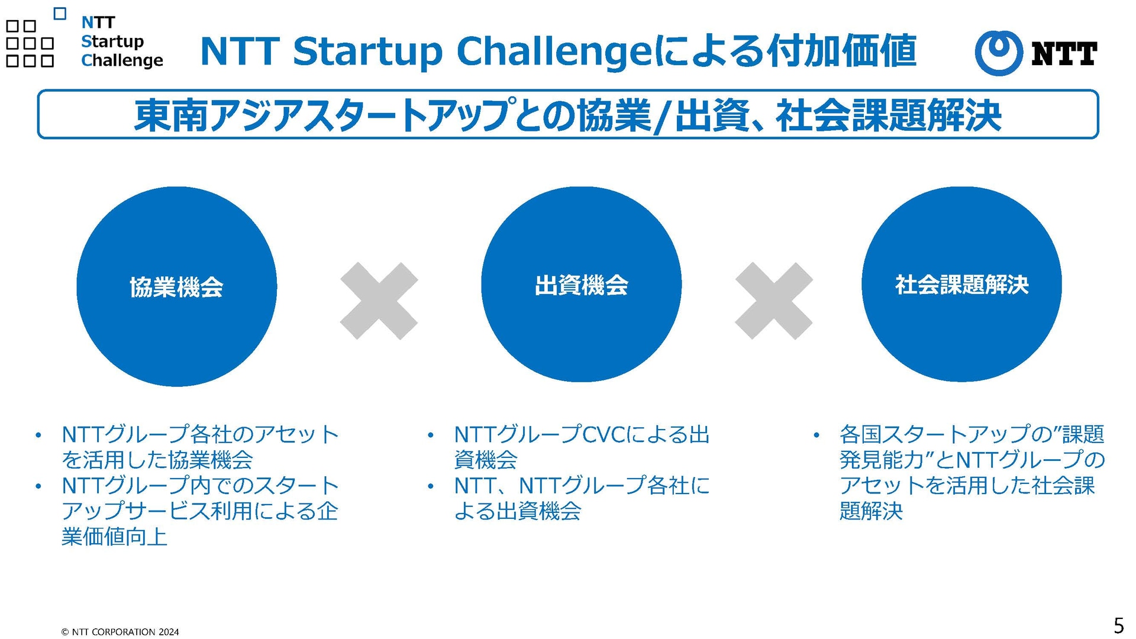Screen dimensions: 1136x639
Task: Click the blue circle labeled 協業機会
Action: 176,286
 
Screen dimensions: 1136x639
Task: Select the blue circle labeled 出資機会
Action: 581,285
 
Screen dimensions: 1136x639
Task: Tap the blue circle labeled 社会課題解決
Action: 961,285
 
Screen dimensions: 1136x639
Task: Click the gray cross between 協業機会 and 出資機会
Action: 379,301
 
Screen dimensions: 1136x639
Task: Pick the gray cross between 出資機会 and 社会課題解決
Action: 773,301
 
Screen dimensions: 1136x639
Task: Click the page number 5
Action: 1118,625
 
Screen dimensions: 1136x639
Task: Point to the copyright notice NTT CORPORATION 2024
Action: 120,632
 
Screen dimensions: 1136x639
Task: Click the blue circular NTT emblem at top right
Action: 999,53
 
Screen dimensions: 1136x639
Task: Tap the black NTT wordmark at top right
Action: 1064,53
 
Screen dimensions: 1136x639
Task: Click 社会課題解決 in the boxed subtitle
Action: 889,115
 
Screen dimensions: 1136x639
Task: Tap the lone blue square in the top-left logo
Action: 60,14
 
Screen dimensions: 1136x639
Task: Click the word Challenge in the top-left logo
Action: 122,60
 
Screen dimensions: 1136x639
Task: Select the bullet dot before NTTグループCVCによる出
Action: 431,436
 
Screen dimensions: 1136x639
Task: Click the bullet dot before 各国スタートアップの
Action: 816,436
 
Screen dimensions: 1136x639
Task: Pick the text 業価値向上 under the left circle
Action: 115,537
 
